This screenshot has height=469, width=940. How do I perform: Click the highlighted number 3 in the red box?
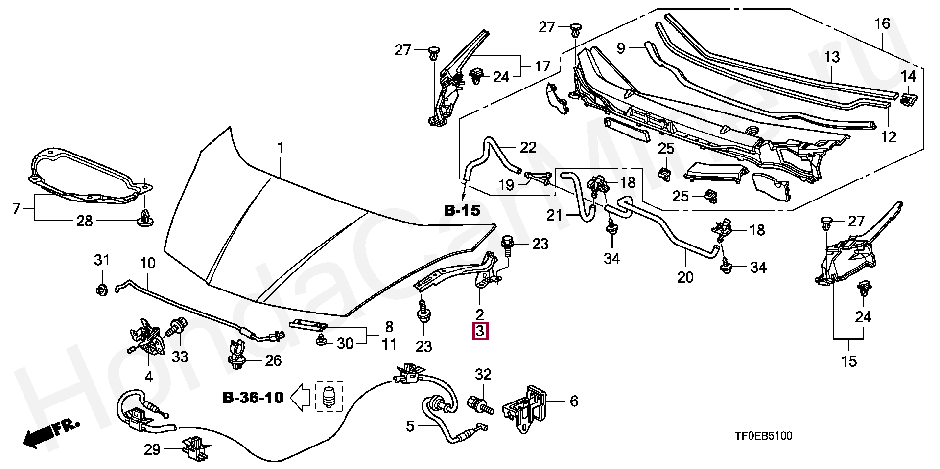click(479, 331)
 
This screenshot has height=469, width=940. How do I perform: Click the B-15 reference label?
click(463, 211)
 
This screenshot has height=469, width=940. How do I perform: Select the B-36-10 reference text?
click(253, 398)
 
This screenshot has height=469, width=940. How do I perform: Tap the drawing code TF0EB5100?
click(763, 436)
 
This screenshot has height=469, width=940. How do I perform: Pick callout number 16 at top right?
click(882, 23)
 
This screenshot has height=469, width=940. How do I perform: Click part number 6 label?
click(574, 402)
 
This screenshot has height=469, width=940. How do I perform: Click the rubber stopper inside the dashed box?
click(329, 397)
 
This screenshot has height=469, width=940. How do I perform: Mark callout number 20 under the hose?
click(685, 277)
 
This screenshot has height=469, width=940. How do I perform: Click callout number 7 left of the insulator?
click(16, 209)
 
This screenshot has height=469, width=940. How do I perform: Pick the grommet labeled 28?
click(145, 219)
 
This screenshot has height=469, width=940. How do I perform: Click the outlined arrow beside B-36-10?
click(301, 397)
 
